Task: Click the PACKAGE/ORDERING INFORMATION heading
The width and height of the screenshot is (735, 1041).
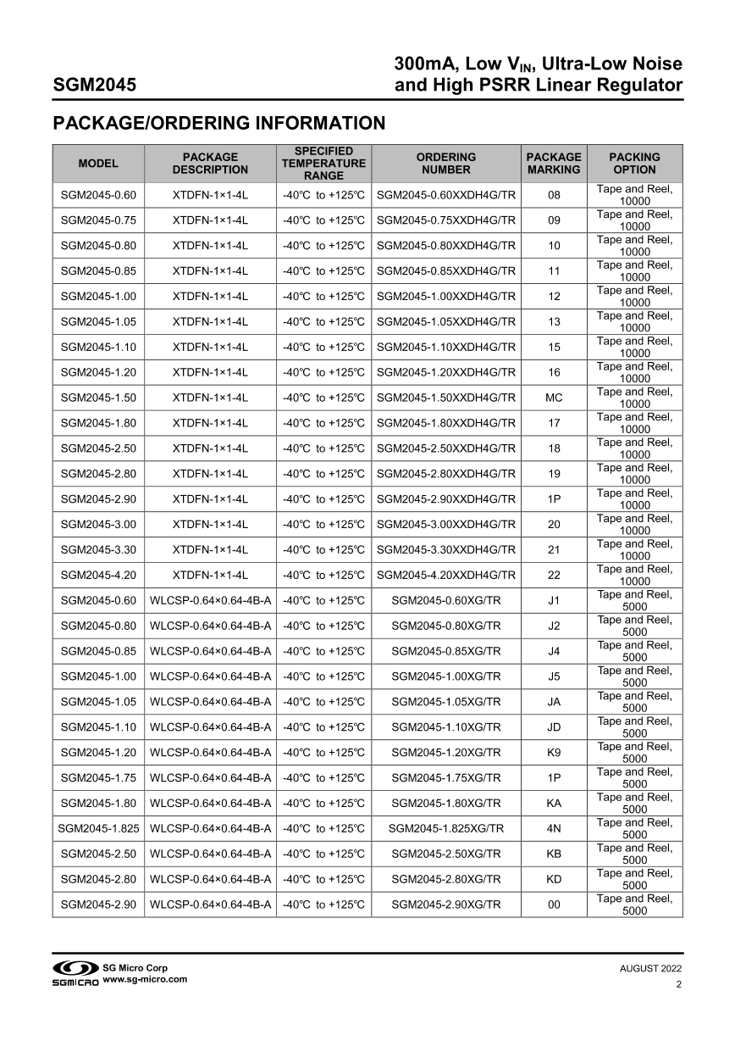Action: [218, 124]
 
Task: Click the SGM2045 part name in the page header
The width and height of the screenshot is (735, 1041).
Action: [95, 86]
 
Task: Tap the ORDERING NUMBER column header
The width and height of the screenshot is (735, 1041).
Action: [445, 164]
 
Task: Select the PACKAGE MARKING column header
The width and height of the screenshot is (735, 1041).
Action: [554, 164]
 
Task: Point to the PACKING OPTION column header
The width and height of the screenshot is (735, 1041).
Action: [634, 164]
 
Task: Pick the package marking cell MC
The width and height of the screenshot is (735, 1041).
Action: [554, 398]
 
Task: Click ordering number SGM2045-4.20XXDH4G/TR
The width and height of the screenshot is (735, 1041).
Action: [445, 575]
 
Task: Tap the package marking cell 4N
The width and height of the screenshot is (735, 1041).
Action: [554, 828]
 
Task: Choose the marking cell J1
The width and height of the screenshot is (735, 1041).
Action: [554, 600]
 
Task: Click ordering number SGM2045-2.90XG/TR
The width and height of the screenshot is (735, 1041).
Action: [445, 905]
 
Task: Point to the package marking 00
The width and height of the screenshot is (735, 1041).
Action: [554, 905]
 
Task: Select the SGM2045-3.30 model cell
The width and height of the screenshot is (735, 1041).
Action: [98, 549]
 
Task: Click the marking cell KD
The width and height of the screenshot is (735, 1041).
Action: [554, 879]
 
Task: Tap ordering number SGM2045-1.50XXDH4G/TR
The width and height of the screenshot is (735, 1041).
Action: [445, 398]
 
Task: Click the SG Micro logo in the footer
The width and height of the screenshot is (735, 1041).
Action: [76, 973]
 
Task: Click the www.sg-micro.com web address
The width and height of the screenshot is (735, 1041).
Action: [145, 979]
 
